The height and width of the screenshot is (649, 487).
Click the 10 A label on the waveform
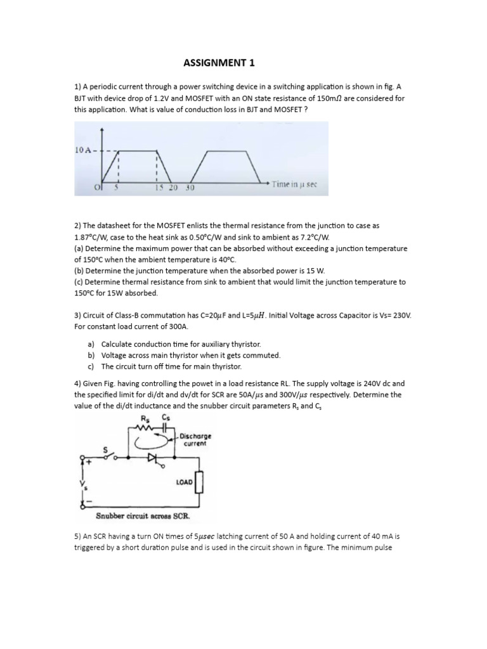click(x=85, y=150)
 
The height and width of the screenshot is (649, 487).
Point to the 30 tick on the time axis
click(x=190, y=188)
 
